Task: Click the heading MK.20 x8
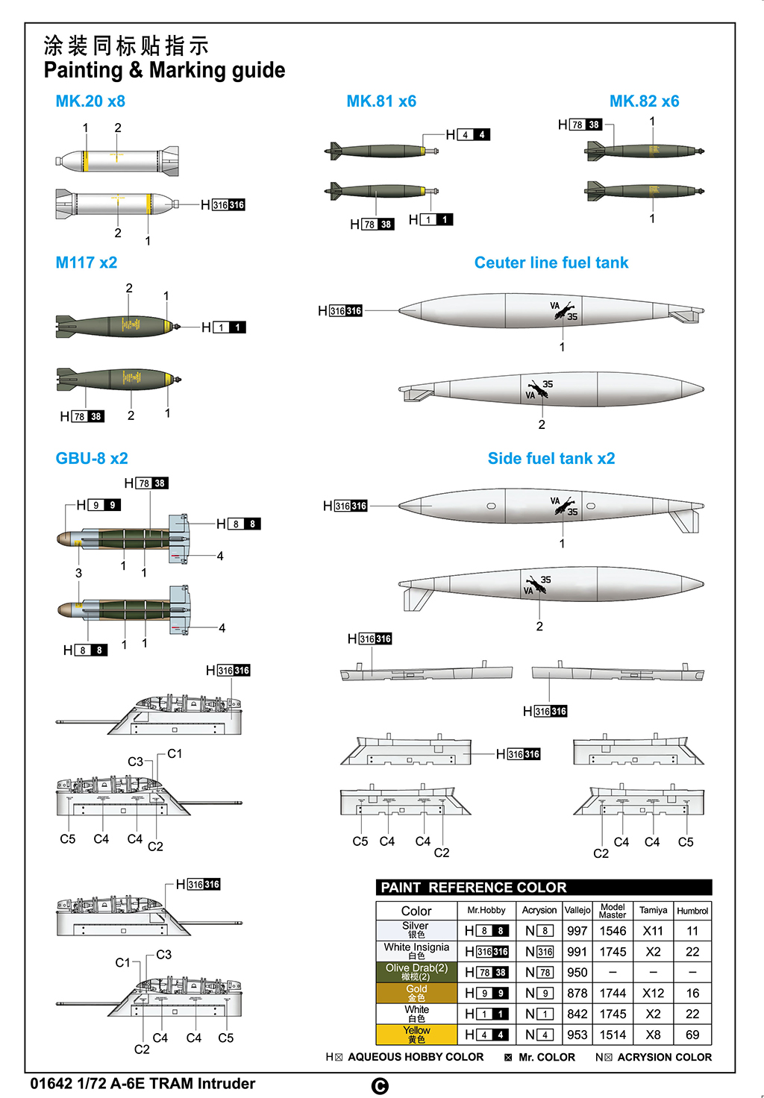90,101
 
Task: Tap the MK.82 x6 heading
644,101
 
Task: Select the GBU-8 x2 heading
92,458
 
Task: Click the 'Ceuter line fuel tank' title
551,263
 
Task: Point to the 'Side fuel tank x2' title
551,458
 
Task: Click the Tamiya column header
653,910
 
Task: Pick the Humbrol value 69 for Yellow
692,1035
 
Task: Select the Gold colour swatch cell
416,993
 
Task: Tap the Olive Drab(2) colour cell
416,972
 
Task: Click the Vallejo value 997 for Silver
577,931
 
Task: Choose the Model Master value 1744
613,993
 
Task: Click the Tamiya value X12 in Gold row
653,993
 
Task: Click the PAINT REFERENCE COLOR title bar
544,888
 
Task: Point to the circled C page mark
380,1086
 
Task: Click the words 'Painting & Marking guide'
164,70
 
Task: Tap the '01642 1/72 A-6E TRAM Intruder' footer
143,1084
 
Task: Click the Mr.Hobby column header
486,910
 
